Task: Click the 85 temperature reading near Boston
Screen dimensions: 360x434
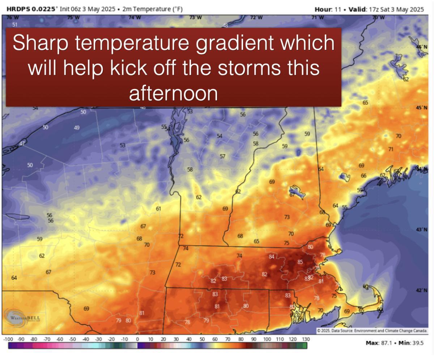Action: click(300, 262)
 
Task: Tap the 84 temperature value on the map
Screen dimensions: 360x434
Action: click(272, 257)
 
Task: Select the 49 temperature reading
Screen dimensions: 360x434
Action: click(77, 128)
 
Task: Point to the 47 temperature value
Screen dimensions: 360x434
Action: click(22, 144)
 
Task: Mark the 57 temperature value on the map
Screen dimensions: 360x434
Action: click(222, 157)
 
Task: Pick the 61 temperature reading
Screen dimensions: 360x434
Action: click(158, 209)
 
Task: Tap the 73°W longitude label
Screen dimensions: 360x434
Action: click(196, 18)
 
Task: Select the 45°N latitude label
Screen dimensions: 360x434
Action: click(421, 108)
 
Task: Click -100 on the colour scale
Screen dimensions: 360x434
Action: click(8, 339)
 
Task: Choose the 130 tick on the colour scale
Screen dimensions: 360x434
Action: click(305, 339)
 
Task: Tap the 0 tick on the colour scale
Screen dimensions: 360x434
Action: click(137, 339)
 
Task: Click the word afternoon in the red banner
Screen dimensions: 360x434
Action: click(173, 94)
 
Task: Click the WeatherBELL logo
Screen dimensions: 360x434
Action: click(22, 318)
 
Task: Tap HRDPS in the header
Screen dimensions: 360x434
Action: click(18, 9)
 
